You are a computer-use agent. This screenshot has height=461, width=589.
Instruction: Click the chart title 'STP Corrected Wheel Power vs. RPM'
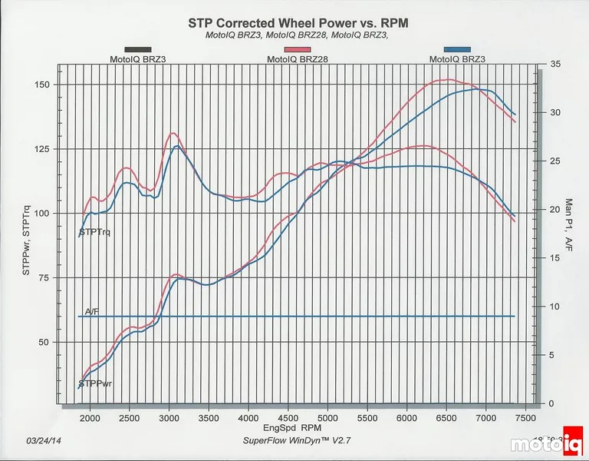[x=298, y=23]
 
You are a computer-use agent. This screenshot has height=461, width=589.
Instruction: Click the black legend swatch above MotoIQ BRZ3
[x=137, y=49]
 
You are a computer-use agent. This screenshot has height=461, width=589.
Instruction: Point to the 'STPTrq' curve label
[x=94, y=232]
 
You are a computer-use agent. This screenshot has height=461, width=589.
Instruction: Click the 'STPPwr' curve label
[x=96, y=383]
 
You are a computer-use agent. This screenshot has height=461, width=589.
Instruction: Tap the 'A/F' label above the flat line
[x=92, y=311]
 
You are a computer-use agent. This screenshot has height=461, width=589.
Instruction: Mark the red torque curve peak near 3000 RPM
[x=173, y=133]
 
